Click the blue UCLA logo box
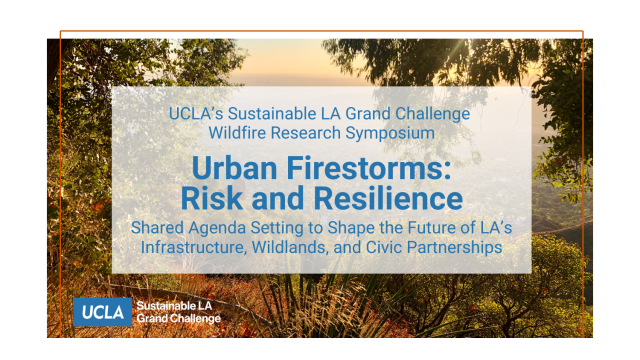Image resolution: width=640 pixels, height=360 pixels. tap(102, 312)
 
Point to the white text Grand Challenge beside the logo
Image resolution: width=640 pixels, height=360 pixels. tap(178, 318)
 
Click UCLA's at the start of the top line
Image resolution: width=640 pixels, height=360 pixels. tap(196, 113)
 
